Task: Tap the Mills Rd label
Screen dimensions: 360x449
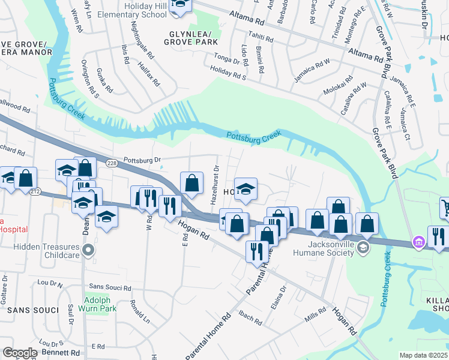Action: point(314,314)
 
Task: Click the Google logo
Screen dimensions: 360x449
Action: point(19,353)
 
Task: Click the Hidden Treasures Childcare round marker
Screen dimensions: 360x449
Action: point(88,250)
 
